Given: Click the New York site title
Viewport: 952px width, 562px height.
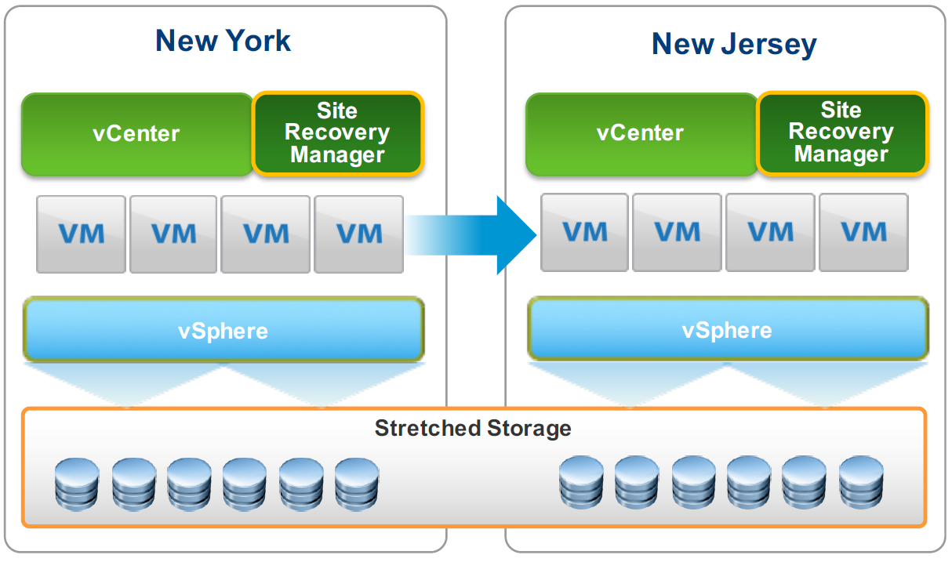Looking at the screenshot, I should pos(223,41).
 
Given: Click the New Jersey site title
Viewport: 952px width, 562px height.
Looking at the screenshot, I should pos(733,44).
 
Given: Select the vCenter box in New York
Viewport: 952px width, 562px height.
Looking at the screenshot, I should pos(136,133).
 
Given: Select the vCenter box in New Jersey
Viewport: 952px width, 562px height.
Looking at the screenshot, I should pos(640,133).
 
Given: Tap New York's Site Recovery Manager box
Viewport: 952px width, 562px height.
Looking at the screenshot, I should pos(337,133).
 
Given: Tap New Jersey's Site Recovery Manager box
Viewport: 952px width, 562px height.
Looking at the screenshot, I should pos(841,132).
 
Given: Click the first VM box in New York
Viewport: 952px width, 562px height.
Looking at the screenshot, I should pos(81,234).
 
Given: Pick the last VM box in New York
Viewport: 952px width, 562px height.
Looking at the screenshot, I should pos(359,234).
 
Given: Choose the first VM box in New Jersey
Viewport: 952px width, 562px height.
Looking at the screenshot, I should pos(585,232).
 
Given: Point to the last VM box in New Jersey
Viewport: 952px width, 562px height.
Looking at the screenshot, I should pos(863,232).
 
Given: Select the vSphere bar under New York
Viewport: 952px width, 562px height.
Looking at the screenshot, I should pos(223,331).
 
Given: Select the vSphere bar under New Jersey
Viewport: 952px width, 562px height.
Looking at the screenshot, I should pos(728,330).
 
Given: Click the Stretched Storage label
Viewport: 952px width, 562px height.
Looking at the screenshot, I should pos(473,429).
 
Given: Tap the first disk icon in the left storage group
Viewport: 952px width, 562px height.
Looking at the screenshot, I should pos(77,484).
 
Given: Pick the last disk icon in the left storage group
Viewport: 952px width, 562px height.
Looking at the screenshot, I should pos(357,484).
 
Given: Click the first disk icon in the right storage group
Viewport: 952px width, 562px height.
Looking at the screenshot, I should pos(581,483).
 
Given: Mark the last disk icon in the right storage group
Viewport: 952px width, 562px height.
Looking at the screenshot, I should pos(861,483).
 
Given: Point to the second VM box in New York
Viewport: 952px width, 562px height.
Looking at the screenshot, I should pos(173,234).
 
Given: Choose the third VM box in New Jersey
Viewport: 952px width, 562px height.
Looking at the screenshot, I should pos(771,232).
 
